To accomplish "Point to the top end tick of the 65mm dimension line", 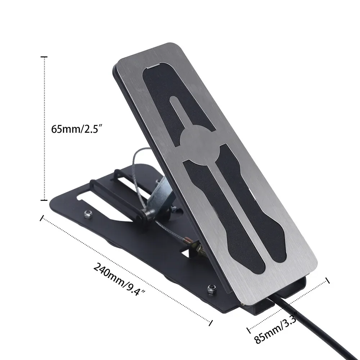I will click(x=44, y=57).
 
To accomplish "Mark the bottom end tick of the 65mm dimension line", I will click(x=44, y=200).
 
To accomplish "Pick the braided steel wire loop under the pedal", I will click(x=137, y=162).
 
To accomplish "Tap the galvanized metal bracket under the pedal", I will click(x=161, y=194).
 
